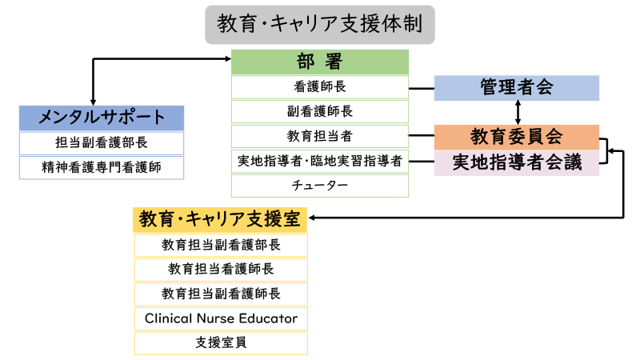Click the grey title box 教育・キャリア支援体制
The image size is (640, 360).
point(319,25)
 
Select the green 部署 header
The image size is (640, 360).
point(319,62)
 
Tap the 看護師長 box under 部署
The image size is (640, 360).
point(319,86)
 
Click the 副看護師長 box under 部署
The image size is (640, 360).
point(319,111)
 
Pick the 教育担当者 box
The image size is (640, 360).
point(319,136)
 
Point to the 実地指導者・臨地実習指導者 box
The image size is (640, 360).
point(319,162)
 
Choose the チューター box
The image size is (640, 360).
point(319,186)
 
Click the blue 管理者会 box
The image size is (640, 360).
point(516,88)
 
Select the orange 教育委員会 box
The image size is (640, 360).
point(516,137)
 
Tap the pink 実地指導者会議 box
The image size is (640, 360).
point(516,162)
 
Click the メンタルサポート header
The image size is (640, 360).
point(102,118)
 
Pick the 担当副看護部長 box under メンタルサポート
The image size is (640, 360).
point(102,143)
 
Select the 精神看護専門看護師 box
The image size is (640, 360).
point(102,167)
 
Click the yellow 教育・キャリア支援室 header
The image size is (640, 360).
point(221,219)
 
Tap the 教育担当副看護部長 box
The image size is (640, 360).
point(221,245)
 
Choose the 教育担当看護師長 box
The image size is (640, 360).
point(221,270)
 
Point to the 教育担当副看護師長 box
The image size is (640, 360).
point(221,294)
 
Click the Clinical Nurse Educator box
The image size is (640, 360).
point(221,318)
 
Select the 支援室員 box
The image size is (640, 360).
point(221,343)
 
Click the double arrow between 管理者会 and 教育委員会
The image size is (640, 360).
point(518,113)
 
